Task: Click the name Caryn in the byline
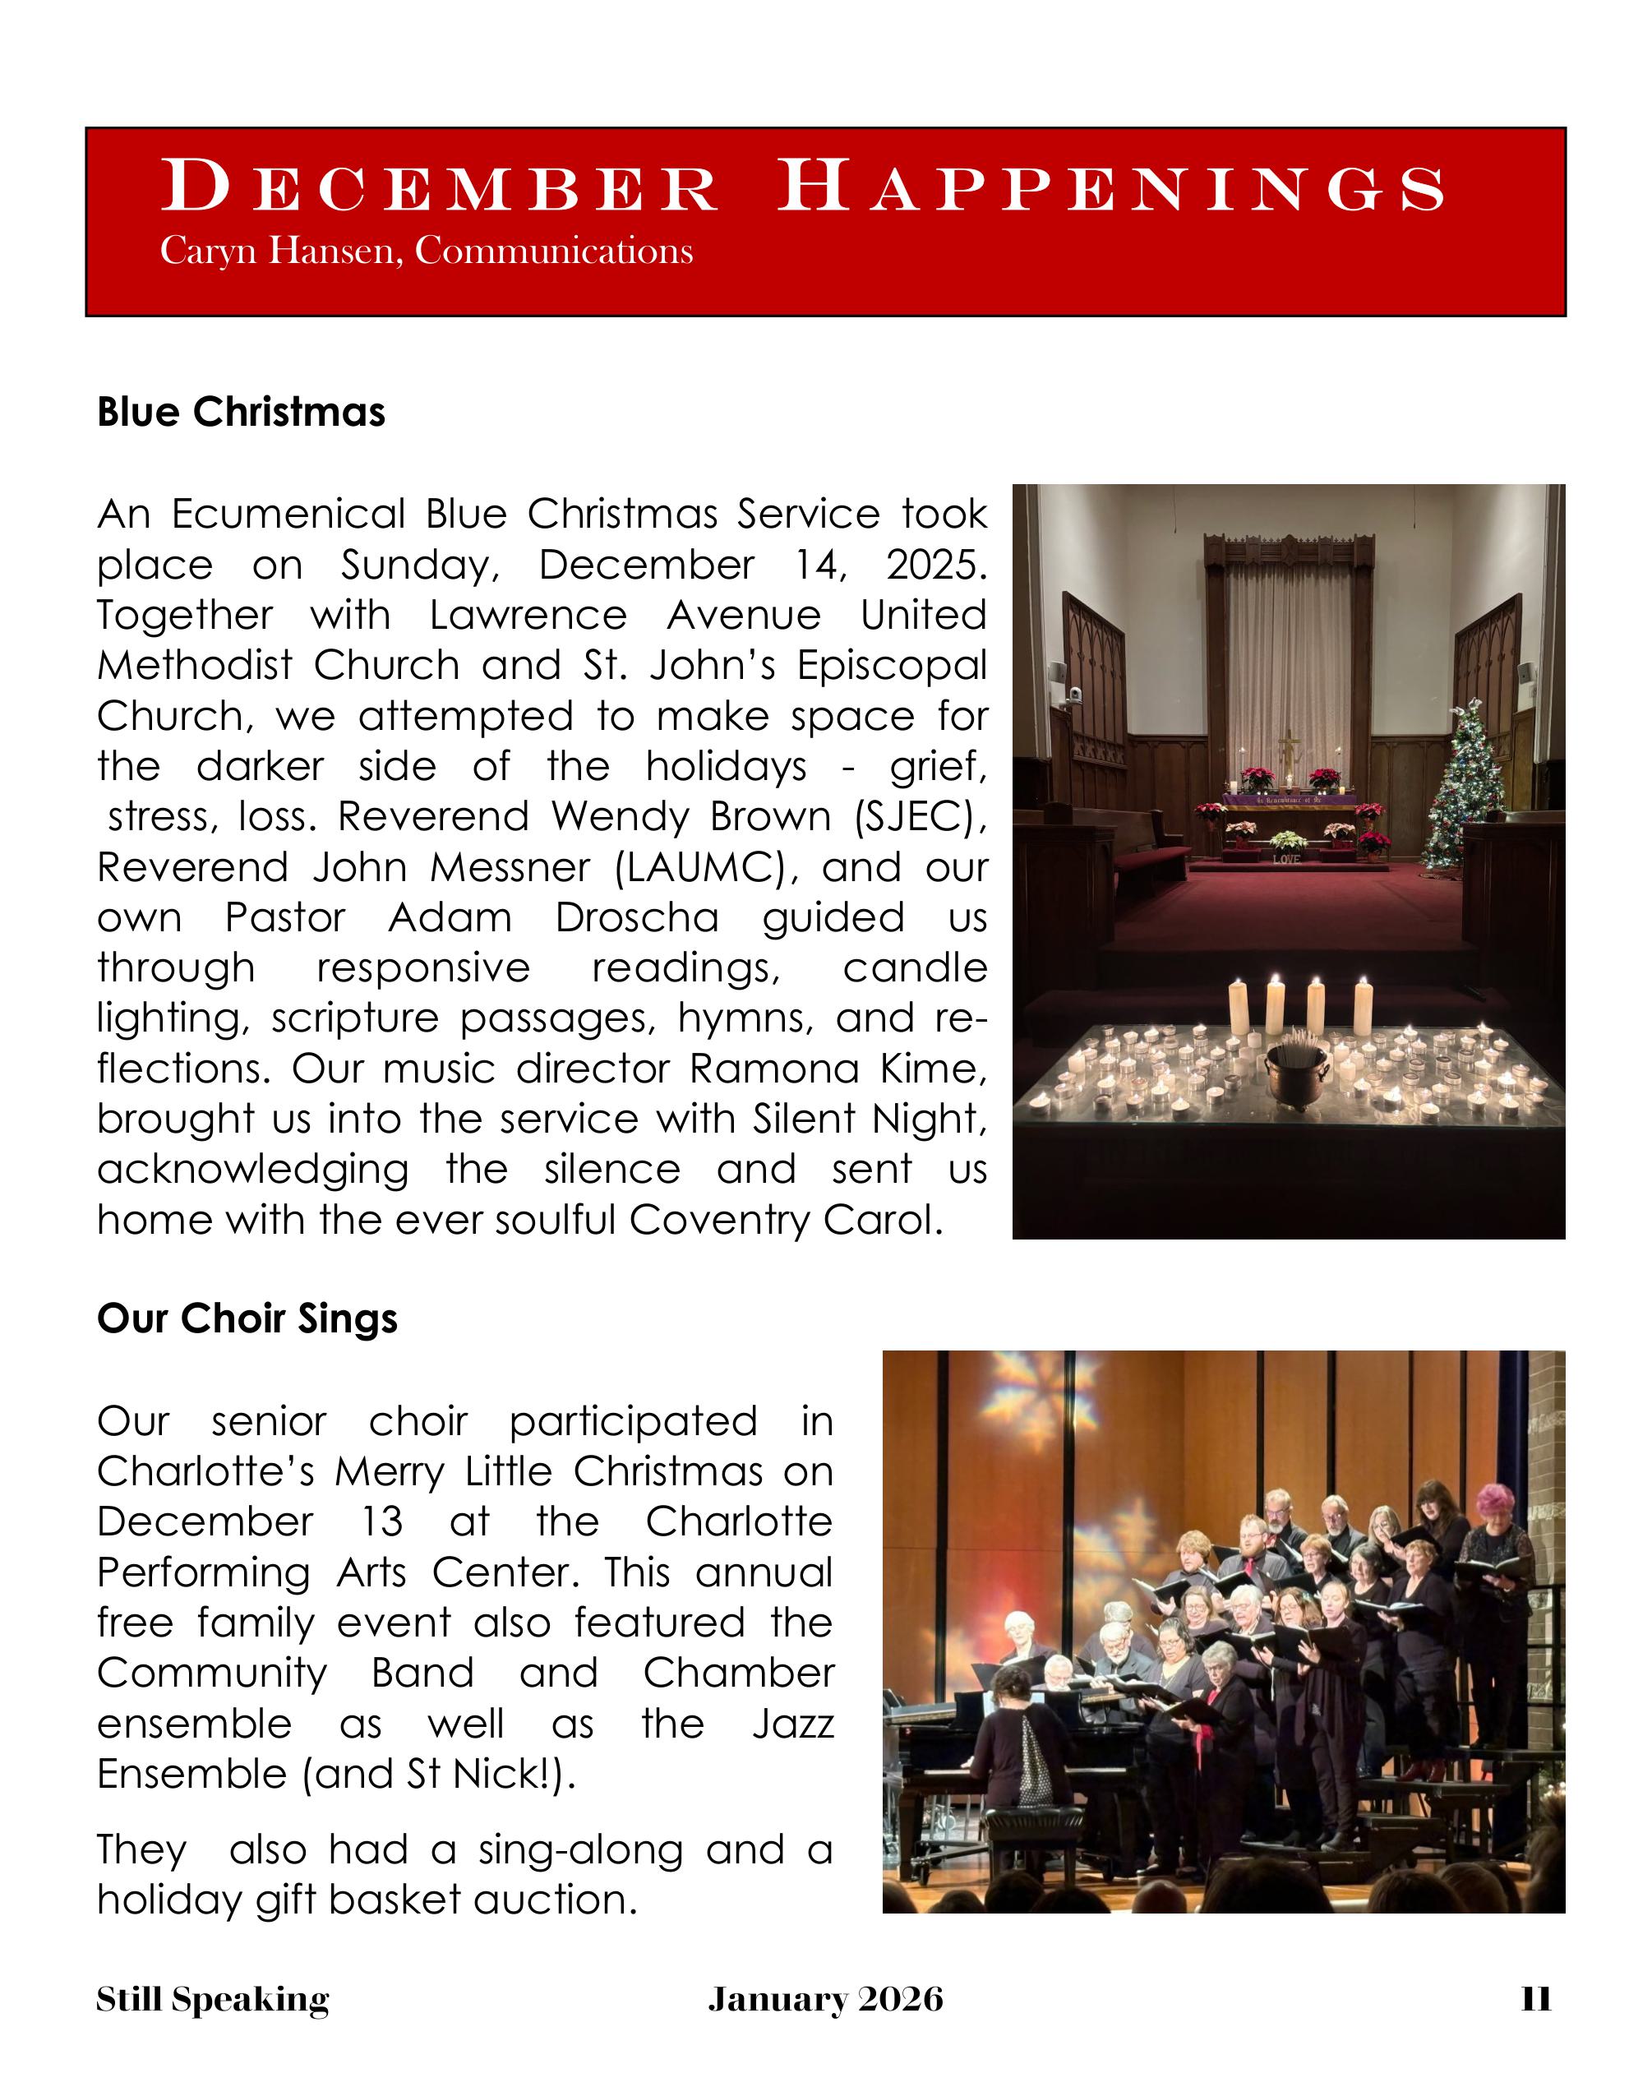[x=208, y=251]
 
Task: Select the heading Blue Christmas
[x=241, y=412]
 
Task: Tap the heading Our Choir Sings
[x=247, y=1318]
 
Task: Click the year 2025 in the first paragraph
[x=935, y=565]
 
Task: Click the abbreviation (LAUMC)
[x=706, y=866]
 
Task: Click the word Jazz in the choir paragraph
[x=792, y=1724]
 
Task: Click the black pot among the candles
[x=1295, y=1074]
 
